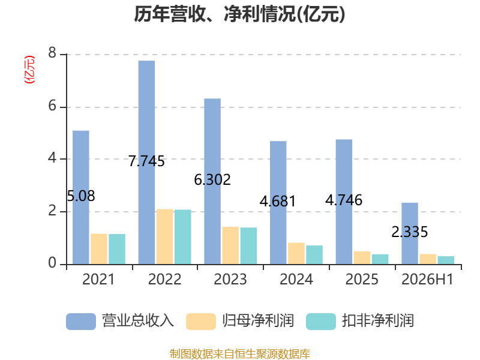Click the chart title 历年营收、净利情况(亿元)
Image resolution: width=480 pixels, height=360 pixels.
click(239, 14)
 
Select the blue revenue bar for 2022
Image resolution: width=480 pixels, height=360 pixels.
click(146, 162)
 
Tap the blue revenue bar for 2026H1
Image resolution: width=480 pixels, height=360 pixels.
click(410, 233)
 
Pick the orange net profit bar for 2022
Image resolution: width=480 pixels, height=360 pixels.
click(164, 236)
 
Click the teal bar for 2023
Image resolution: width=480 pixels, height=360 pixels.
click(248, 246)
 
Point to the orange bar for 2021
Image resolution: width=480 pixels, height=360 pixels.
click(99, 249)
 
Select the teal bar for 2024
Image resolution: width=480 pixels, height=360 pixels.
click(314, 254)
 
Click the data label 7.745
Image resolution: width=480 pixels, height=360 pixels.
click(146, 161)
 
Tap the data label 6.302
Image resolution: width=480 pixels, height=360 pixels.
click(212, 179)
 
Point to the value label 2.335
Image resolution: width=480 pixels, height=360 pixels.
click(410, 232)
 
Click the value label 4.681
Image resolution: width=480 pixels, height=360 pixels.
click(278, 202)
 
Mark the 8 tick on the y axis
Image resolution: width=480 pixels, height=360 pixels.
click(52, 53)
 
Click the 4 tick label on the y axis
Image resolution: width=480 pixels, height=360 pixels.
click(52, 158)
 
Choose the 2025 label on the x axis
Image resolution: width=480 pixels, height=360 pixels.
click(362, 279)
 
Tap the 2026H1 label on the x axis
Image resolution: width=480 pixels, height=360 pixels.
click(427, 279)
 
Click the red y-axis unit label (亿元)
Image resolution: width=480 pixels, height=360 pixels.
click(29, 70)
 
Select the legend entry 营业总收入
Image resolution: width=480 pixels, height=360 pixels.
click(121, 321)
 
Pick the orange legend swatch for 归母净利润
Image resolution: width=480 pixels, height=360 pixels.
click(201, 322)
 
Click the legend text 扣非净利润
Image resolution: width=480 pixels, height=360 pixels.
click(378, 321)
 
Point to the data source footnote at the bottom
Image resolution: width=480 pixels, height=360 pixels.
click(240, 354)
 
